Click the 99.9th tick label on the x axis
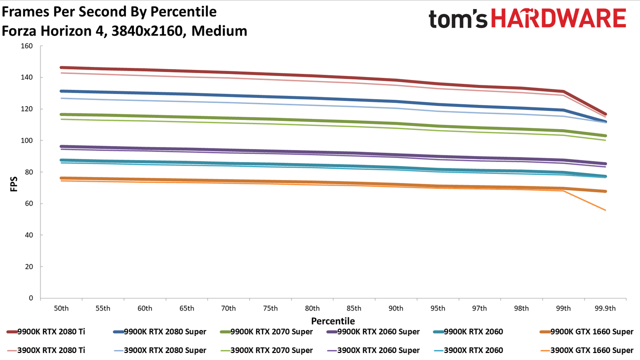[605, 308]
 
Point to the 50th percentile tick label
[61, 308]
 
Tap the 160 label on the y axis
[26, 46]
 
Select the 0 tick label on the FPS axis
[31, 298]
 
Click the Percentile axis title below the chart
[333, 321]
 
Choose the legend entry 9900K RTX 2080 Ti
[45, 331]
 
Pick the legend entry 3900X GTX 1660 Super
[586, 350]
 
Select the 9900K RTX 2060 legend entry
[468, 331]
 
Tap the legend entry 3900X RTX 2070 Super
[266, 350]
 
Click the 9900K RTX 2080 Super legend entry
[159, 331]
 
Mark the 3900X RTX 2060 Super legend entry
[373, 350]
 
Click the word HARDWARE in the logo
[558, 18]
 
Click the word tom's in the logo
[457, 19]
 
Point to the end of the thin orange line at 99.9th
[605, 210]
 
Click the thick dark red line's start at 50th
[61, 67]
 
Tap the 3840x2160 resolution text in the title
[147, 31]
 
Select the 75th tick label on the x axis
[270, 308]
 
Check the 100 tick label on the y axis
[26, 140]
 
